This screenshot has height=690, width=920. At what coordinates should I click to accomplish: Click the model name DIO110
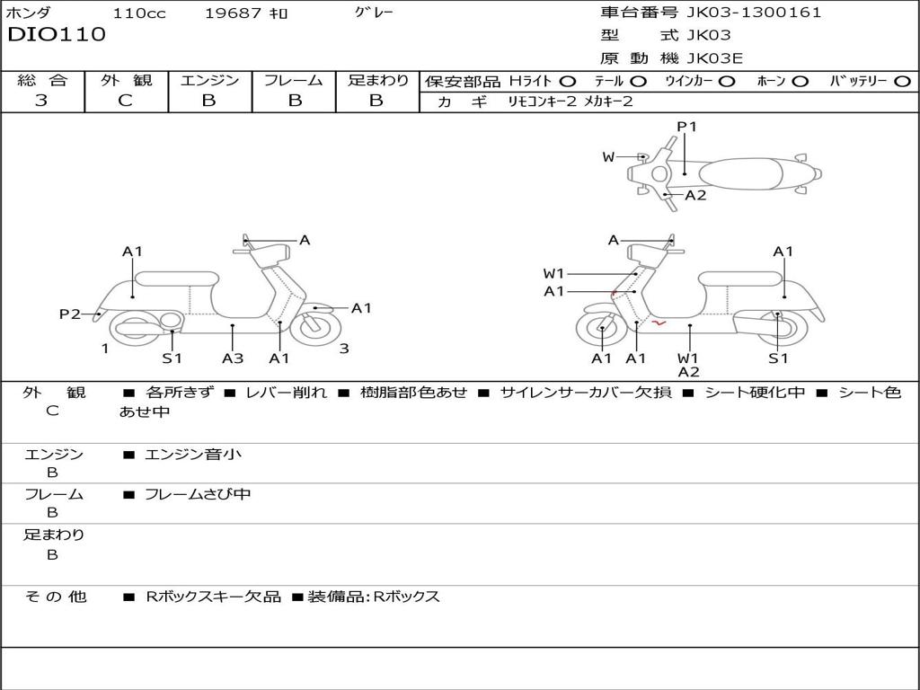point(57,35)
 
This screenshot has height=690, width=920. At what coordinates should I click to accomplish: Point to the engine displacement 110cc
point(138,13)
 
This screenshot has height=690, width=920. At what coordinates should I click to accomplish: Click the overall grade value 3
point(41,101)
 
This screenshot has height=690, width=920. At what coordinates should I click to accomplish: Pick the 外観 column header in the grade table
point(126,80)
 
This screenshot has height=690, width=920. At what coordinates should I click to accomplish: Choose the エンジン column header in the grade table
point(209,80)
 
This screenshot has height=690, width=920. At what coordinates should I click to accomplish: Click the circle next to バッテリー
point(903,81)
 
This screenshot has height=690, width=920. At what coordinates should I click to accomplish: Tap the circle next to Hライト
point(568,81)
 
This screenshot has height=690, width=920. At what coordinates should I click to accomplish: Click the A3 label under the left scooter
point(233,358)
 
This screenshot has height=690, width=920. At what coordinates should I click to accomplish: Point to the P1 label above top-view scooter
point(686,127)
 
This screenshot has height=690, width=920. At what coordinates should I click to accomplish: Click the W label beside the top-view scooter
point(608,157)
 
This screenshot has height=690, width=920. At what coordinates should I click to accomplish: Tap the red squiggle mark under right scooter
point(659,322)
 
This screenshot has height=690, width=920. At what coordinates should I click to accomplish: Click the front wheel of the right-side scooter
point(600,330)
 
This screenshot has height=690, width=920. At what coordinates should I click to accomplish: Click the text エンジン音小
point(193,455)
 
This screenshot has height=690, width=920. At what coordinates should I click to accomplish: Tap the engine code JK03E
point(714,58)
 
